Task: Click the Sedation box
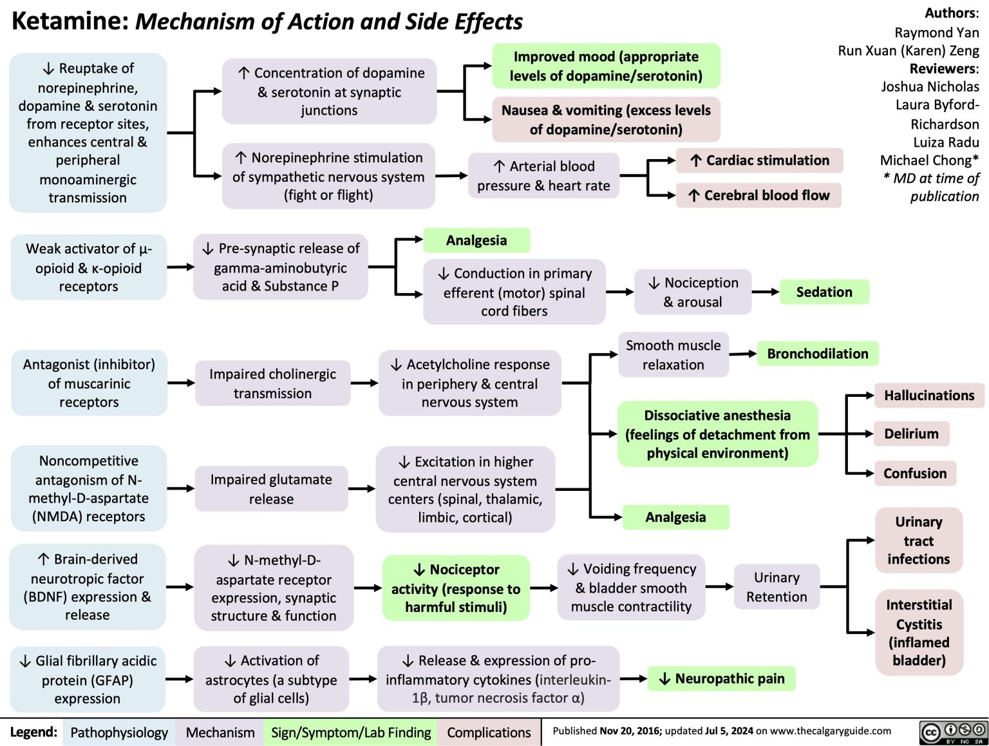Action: point(824,292)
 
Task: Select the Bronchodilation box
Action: point(817,354)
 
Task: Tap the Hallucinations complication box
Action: point(928,396)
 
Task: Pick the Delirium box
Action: point(911,434)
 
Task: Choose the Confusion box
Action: point(914,473)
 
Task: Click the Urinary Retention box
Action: point(777,587)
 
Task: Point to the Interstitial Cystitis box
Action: point(919,632)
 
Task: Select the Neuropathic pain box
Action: point(722,678)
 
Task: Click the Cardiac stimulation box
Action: point(759,160)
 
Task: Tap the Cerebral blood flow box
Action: point(759,195)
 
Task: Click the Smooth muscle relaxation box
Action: point(673,355)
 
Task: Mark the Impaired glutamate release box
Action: point(271,489)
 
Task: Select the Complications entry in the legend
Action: point(489,732)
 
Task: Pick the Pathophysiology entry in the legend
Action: point(119,732)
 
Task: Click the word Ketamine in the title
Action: point(70,21)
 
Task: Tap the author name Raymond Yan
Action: point(936,32)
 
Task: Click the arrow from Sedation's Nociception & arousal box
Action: point(765,292)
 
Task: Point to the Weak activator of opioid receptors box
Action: point(88,267)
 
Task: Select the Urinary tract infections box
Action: point(918,540)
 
